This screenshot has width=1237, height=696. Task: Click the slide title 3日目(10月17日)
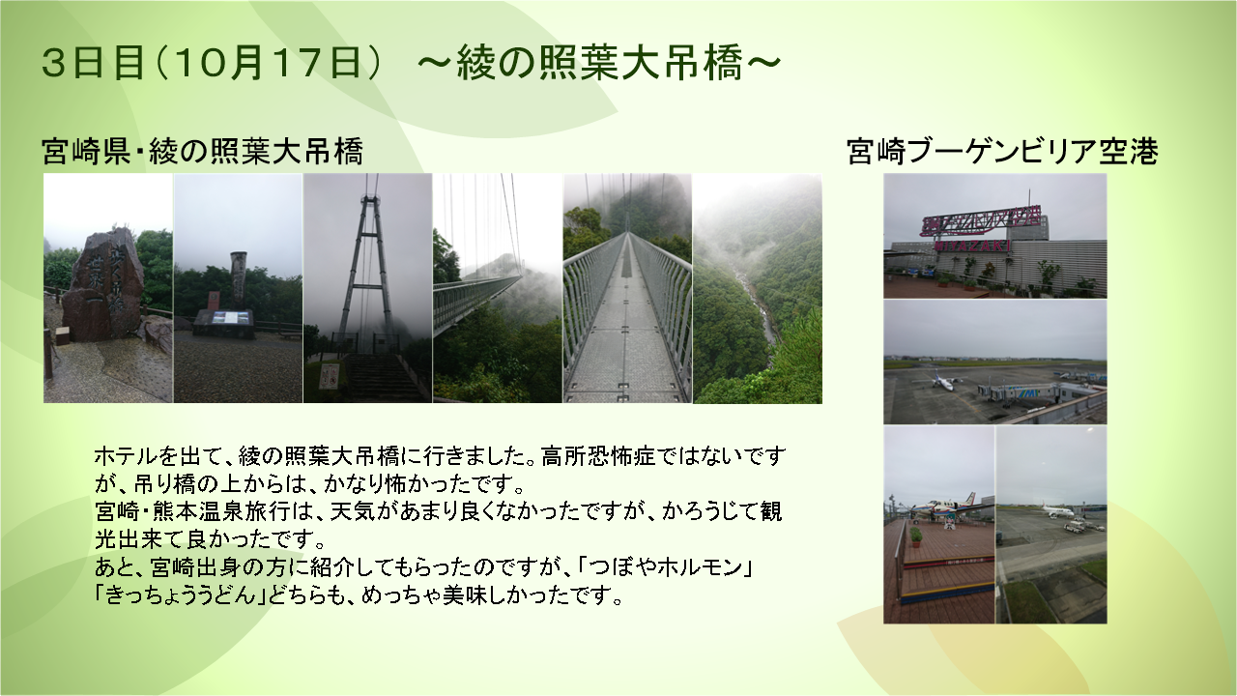pos(212,63)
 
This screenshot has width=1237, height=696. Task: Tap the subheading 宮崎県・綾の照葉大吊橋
pos(203,152)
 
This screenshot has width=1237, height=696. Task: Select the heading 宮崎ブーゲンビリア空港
pos(1002,152)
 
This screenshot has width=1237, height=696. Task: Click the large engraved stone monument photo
pos(108,288)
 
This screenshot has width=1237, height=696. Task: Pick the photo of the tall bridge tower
pos(368,288)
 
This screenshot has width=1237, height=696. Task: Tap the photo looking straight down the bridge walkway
pos(627,288)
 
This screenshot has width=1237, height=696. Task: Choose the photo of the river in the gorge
pos(758,288)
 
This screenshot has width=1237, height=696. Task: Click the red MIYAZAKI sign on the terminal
pos(972,246)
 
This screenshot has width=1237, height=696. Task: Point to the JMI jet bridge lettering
pos(1028,392)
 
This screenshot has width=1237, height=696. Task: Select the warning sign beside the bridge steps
pos(329,376)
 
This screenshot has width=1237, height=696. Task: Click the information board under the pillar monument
pos(233,318)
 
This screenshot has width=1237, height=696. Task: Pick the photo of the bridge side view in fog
pos(498,288)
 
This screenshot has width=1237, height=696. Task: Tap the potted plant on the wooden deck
pos(916,536)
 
